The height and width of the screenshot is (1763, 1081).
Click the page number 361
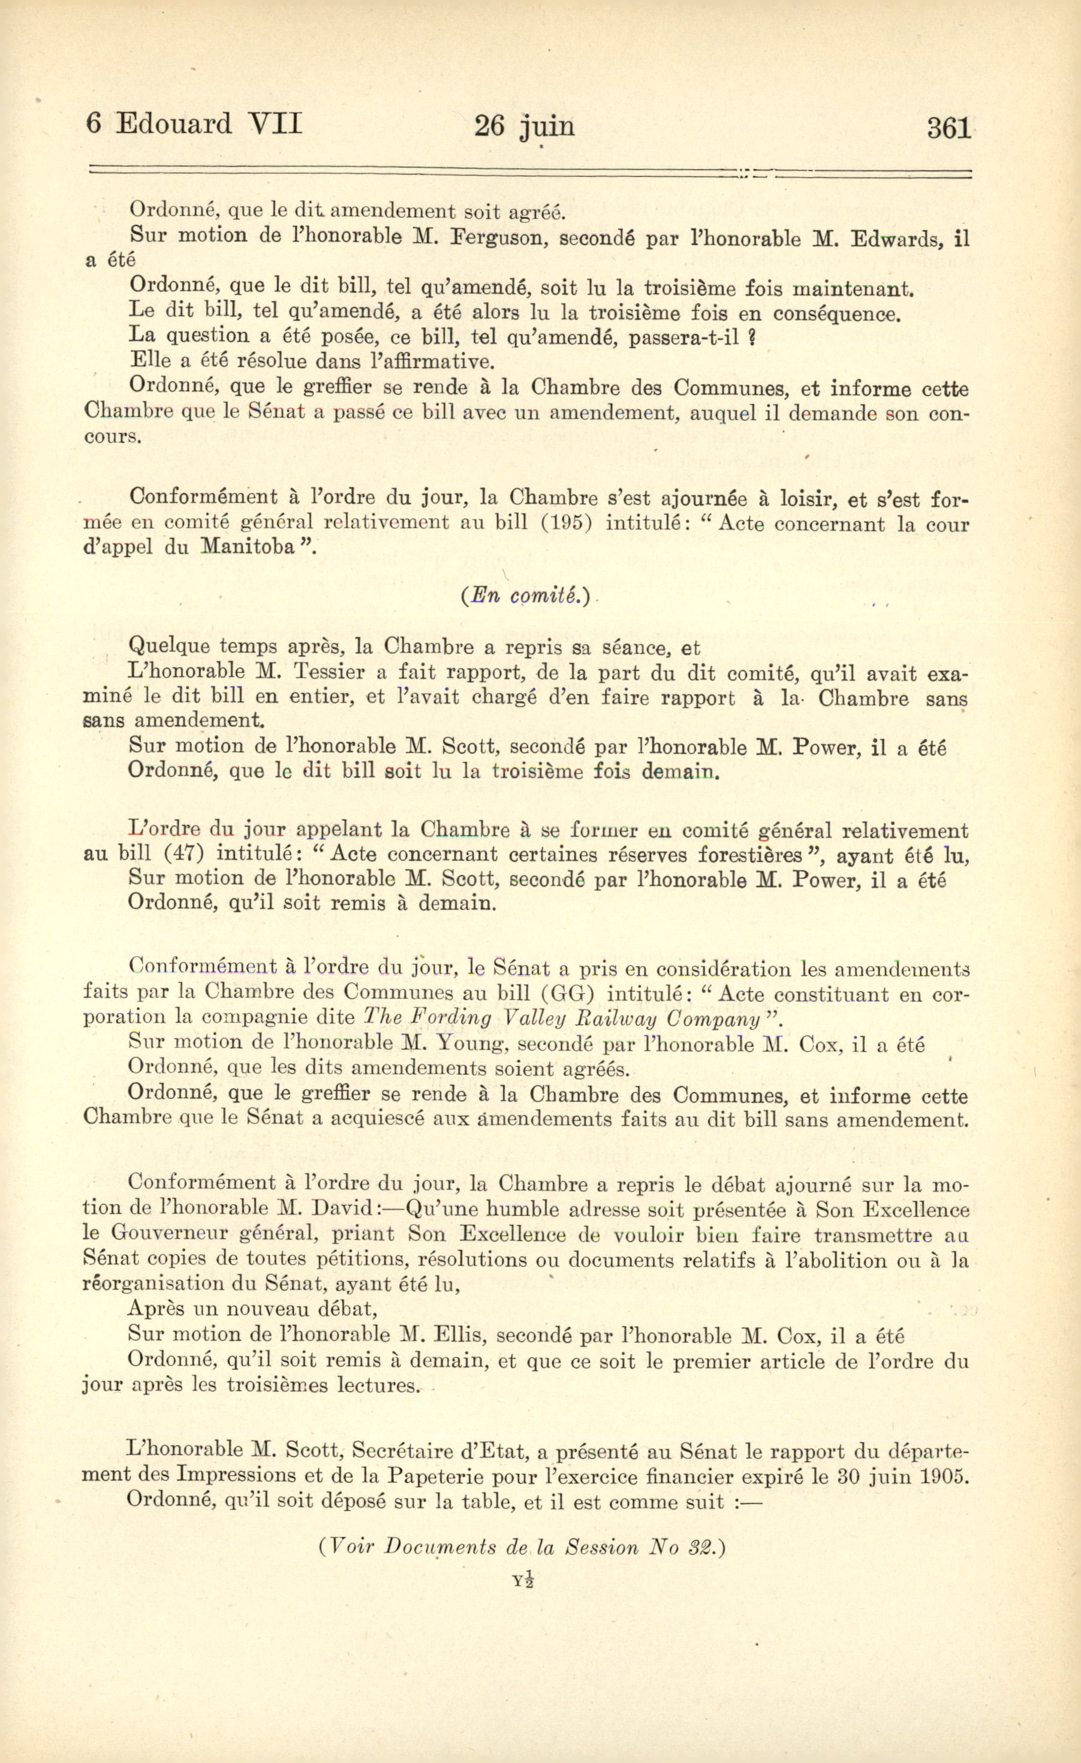[948, 128]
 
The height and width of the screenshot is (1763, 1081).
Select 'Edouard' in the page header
[174, 125]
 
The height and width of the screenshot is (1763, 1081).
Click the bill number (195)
[564, 523]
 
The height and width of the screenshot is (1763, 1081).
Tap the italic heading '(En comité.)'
[526, 596]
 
